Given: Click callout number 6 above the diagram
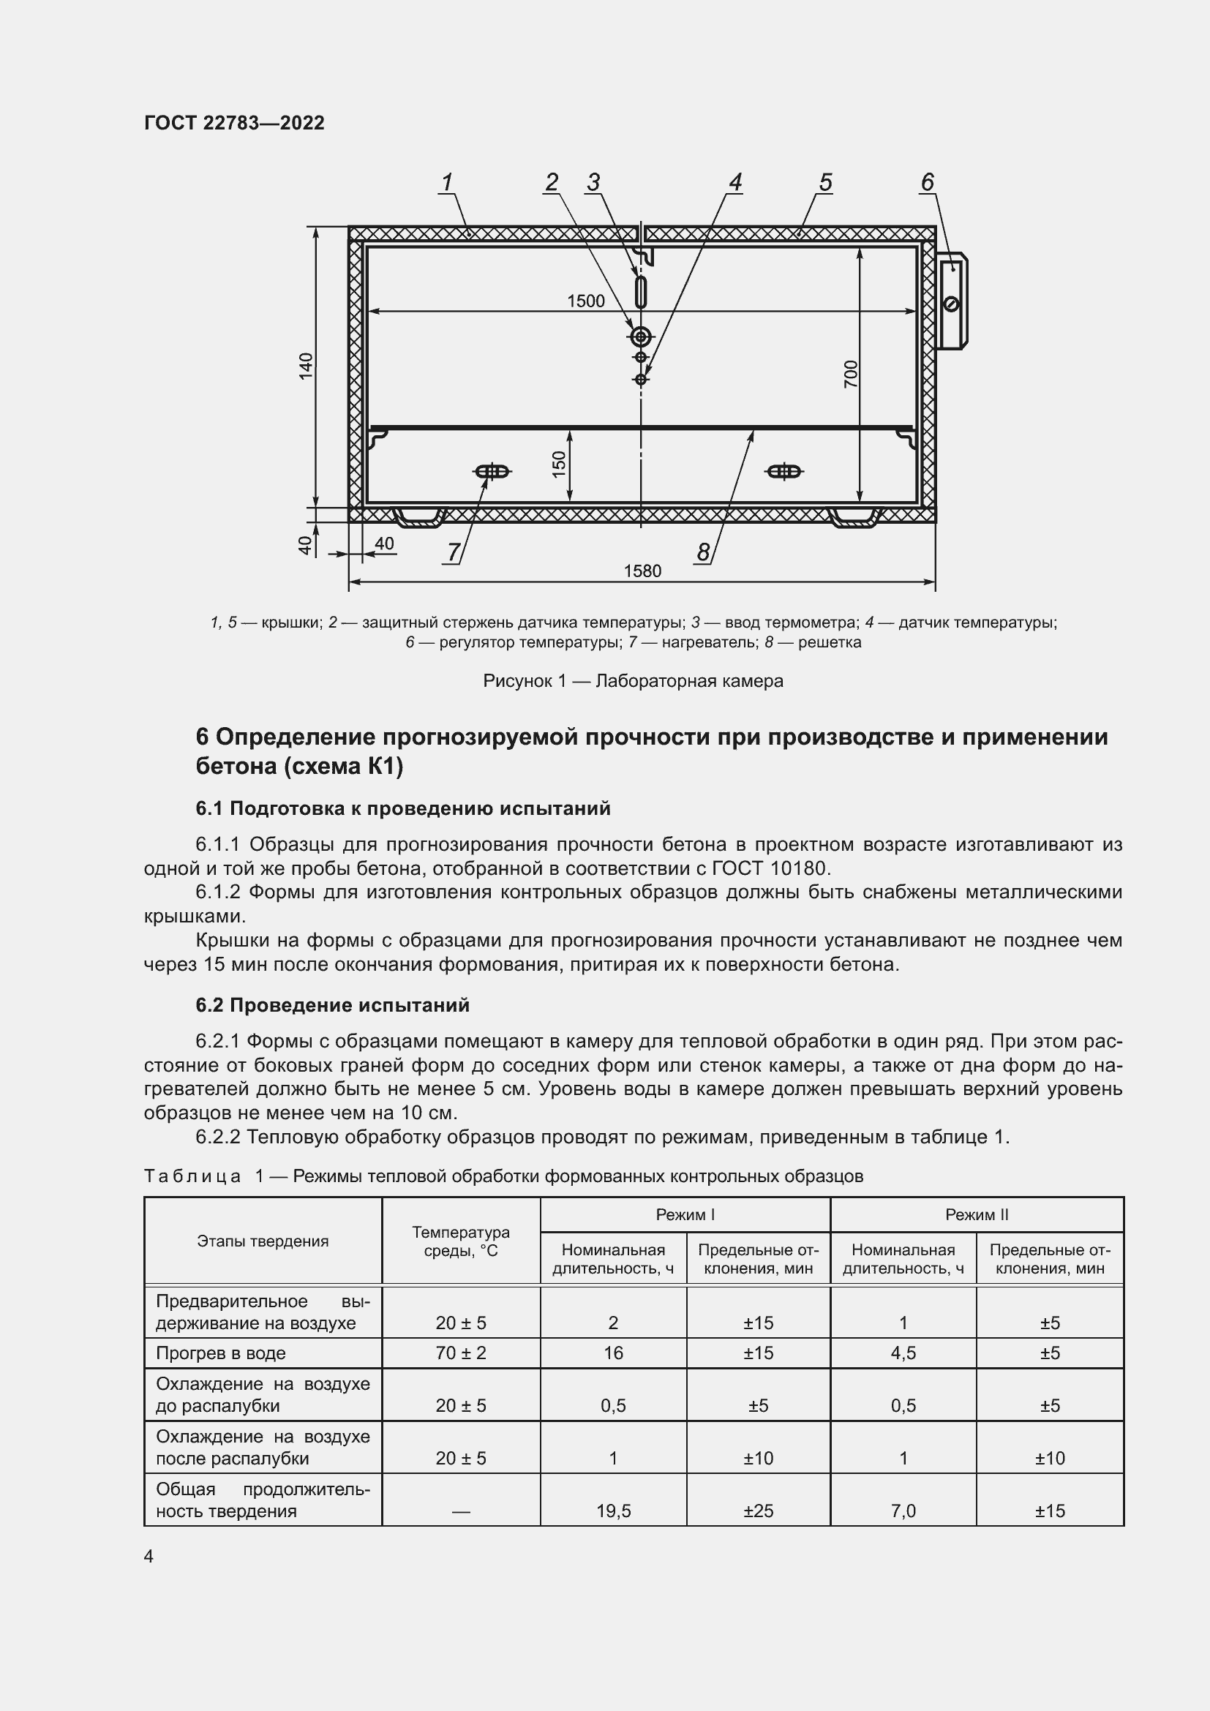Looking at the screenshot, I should click(927, 183).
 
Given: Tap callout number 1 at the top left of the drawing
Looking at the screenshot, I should click(447, 183).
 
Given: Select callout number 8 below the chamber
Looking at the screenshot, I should click(702, 552).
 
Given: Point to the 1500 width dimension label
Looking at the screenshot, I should click(586, 301).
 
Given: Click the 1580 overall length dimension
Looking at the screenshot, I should click(642, 571).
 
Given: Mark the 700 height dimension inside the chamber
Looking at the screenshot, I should click(851, 374).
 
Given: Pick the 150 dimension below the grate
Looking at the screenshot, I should click(560, 465).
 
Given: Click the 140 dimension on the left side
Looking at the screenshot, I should click(307, 366).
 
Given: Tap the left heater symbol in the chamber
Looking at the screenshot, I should click(492, 472).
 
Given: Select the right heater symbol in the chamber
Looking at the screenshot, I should click(784, 472).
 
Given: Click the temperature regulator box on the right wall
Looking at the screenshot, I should click(952, 301).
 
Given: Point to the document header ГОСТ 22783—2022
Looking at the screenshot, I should click(234, 123).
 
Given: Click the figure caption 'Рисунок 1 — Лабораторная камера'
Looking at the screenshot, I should click(634, 681).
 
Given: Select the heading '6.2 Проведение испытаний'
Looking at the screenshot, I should click(332, 1005).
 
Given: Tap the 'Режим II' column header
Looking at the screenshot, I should click(976, 1215).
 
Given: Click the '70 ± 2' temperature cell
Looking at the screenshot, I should click(460, 1353).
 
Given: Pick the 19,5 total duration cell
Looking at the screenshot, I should click(613, 1511).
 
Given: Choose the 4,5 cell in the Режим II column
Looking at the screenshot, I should click(903, 1353).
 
